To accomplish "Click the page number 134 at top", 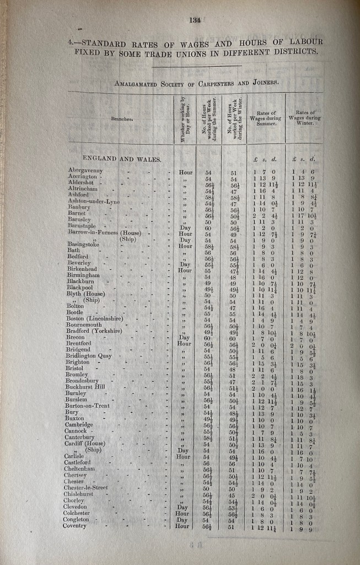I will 194,20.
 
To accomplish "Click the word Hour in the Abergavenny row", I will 186,172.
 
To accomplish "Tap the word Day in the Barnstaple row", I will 185,228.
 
